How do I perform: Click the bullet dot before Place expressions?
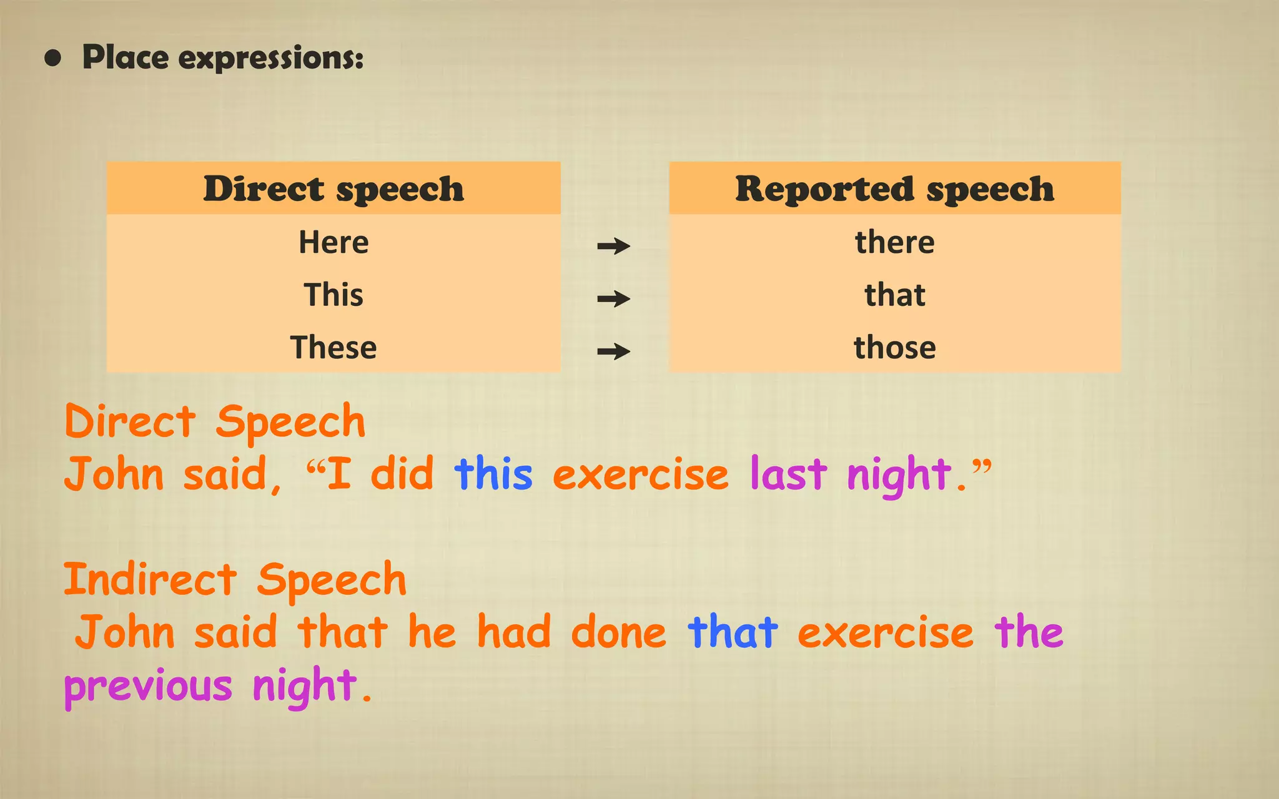tap(53, 59)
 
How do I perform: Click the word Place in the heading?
tap(126, 57)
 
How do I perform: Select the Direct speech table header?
tap(333, 189)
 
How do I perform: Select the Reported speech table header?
tap(894, 189)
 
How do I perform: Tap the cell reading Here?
tap(333, 242)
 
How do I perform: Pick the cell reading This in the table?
tap(333, 295)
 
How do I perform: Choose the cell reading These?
tap(333, 347)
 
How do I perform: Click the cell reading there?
tap(894, 242)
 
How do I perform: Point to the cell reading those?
tap(894, 347)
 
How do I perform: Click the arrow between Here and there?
tap(613, 246)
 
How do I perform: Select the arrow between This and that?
tap(613, 299)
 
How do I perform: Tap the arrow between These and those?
tap(613, 351)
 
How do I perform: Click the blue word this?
tap(493, 474)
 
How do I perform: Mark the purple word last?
tap(788, 474)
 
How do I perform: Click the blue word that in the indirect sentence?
tap(733, 632)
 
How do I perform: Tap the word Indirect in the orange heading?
tap(151, 579)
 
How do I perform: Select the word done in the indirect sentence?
tap(618, 632)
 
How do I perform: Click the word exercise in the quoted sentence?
tap(641, 475)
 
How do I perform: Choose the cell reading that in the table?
tap(894, 295)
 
